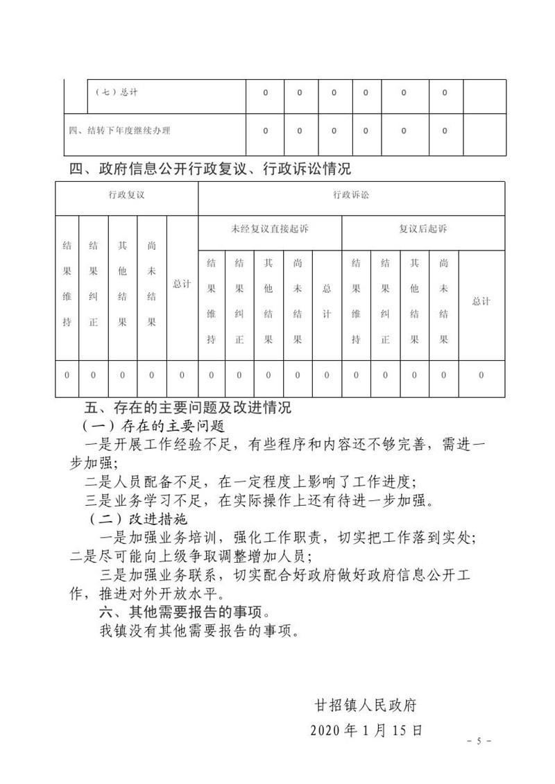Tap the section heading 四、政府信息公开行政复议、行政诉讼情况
click(211, 169)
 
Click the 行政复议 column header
click(126, 196)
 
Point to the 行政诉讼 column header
click(351, 196)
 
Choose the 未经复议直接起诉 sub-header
click(270, 229)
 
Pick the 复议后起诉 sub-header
click(423, 229)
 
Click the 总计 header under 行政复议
click(182, 284)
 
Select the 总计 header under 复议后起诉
click(481, 301)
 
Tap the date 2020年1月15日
click(366, 730)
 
